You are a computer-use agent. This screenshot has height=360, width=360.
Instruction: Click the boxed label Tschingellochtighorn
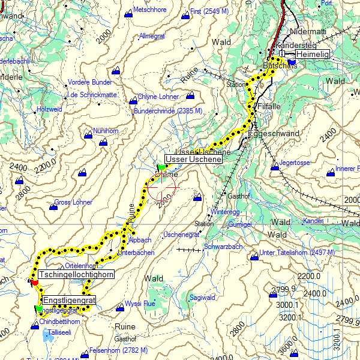pos(76,275)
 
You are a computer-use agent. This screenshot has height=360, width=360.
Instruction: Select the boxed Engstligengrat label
pos(69,299)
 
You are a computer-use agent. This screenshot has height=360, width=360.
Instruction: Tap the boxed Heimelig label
pos(313,54)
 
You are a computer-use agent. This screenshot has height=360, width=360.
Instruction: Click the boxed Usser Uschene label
pos(194,160)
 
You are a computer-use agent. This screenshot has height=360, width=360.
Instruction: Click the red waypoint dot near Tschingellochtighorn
pos(34,282)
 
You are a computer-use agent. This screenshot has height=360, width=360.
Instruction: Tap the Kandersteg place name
pos(293,45)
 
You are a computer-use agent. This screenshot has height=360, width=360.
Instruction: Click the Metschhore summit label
pos(149,10)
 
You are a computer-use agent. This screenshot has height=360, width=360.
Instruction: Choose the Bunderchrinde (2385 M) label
pos(168,111)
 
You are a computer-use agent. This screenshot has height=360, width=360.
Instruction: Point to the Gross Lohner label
pos(73,202)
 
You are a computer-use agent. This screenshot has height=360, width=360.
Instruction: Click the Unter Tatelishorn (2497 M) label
pos(297,253)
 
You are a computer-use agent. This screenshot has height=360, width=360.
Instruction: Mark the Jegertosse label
pos(295,163)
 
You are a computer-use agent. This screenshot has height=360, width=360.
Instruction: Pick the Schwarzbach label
pos(223,247)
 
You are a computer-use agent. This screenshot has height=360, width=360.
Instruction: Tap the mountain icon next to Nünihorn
pos(88,135)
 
